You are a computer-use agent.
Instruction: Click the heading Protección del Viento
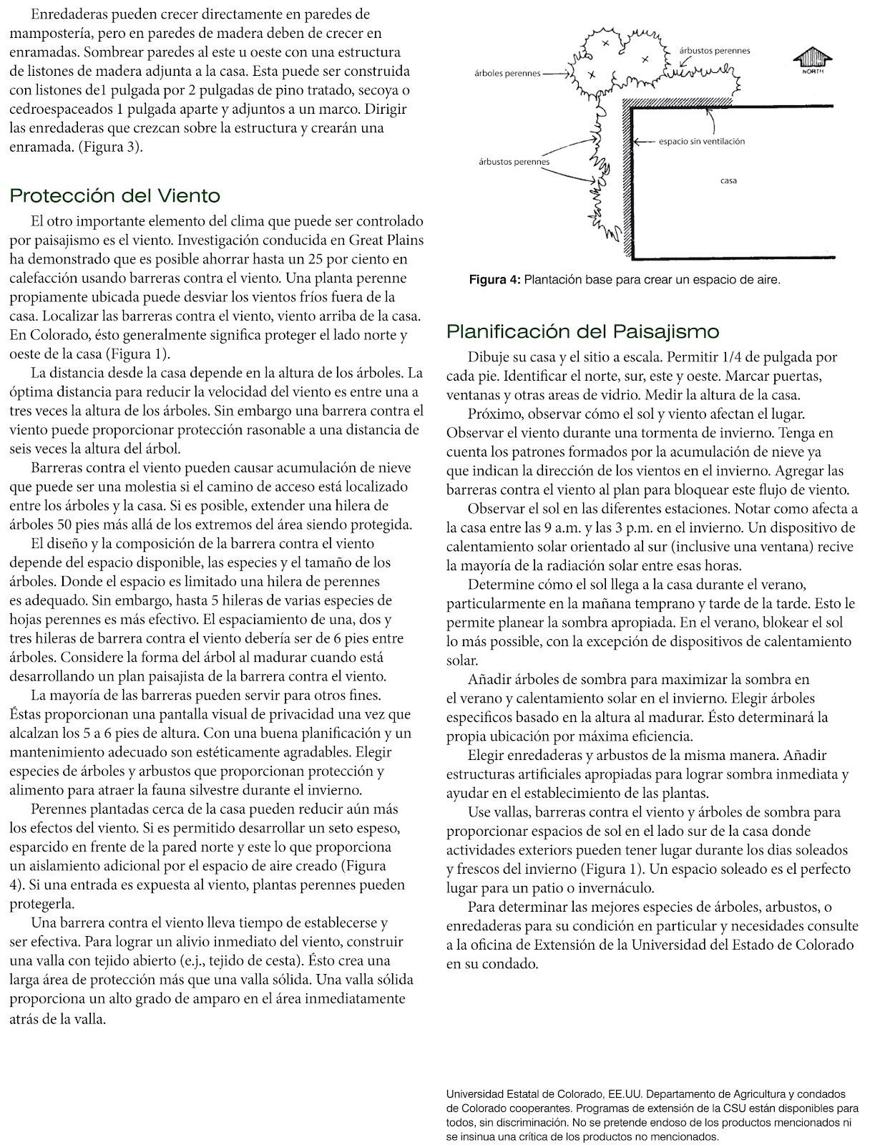tap(115, 195)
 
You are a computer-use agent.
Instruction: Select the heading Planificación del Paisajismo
tap(582, 331)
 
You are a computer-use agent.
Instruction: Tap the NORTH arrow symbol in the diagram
tap(813, 59)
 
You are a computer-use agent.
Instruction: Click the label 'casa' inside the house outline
tap(728, 181)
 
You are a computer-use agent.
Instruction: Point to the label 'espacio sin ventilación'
tap(701, 142)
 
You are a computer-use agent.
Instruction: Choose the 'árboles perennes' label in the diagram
tap(507, 74)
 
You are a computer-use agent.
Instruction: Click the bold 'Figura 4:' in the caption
tap(494, 280)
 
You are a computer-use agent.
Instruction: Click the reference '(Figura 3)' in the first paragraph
tap(112, 147)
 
